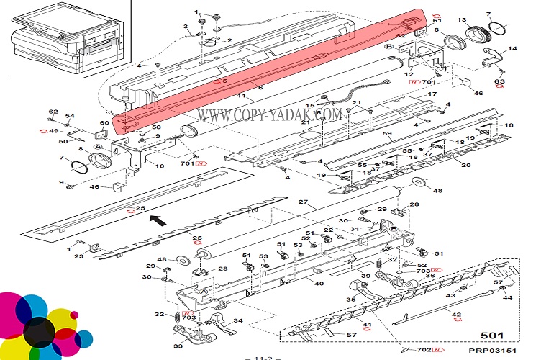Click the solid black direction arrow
tap(159, 220)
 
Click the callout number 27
tap(303, 202)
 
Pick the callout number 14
tap(512, 50)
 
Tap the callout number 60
tap(104, 123)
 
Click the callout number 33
tap(178, 347)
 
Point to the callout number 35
tap(352, 298)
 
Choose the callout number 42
tap(455, 315)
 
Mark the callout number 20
tap(465, 166)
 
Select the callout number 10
tap(160, 166)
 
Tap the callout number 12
tap(409, 75)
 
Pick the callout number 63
tap(499, 81)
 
